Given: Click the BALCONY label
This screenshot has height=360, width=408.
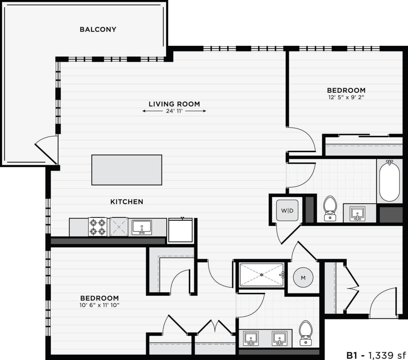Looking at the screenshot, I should click(x=98, y=29).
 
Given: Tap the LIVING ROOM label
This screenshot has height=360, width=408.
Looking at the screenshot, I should click(x=174, y=104).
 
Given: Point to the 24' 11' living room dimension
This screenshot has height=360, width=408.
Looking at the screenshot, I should click(x=174, y=111).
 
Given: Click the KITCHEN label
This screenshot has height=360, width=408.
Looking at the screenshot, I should click(x=127, y=202).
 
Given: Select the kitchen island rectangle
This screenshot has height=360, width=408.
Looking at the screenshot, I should click(x=127, y=170).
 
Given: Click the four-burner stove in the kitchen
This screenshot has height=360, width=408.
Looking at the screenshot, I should click(x=98, y=227).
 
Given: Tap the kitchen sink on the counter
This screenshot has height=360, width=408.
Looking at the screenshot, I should click(x=142, y=227).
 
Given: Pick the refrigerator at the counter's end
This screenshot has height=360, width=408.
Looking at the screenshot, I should click(x=180, y=230).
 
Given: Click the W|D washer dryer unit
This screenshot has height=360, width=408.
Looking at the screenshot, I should click(x=287, y=211).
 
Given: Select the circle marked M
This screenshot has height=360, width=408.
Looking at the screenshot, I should click(x=303, y=278).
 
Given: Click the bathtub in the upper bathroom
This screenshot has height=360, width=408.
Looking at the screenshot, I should click(x=389, y=181).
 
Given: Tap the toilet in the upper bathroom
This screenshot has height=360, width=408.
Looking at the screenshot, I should click(x=330, y=208).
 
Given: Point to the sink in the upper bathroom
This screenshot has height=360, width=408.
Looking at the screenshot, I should click(x=358, y=213).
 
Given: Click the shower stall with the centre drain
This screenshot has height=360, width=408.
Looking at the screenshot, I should click(x=261, y=275).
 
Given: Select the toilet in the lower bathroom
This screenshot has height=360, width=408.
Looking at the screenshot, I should click(x=306, y=333).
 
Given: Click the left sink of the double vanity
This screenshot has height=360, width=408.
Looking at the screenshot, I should click(x=251, y=338).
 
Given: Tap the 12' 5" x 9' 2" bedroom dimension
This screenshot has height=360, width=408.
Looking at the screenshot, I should click(x=346, y=97).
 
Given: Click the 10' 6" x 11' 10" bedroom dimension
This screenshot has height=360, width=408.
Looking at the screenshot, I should click(x=99, y=305).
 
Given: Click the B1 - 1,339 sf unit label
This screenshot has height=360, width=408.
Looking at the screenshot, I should click(x=376, y=355).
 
